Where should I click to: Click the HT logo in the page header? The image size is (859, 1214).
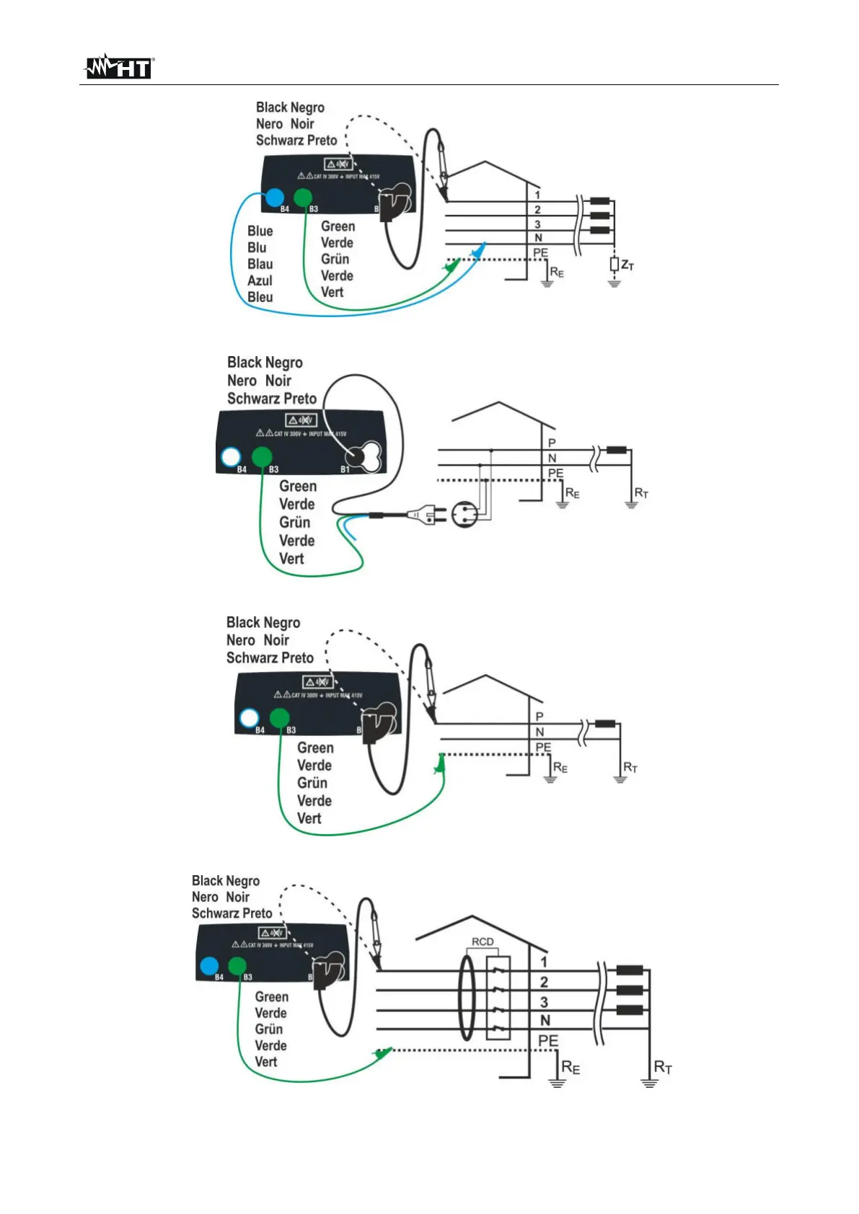tap(119, 67)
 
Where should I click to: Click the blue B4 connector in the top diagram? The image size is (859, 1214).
tap(274, 197)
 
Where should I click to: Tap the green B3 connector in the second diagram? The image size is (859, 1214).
tap(262, 457)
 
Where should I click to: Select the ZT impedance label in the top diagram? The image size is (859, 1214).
tap(627, 266)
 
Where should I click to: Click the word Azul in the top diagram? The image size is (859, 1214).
tap(260, 281)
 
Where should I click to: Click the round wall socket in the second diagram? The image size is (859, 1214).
tap(465, 515)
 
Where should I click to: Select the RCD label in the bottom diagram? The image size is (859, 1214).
tap(483, 941)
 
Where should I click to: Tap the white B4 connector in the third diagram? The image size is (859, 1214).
tap(250, 718)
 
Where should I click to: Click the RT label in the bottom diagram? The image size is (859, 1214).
tap(663, 1067)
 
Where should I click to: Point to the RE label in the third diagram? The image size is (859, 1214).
tap(560, 768)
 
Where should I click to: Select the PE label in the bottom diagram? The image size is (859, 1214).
tap(548, 1041)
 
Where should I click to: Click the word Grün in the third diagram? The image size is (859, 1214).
tap(312, 783)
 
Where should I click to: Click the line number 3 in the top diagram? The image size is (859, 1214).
tap(537, 224)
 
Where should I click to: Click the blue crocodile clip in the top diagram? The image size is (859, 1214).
tap(478, 249)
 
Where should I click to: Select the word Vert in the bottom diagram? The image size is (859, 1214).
tap(265, 1062)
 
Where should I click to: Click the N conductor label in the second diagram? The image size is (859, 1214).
tap(552, 458)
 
